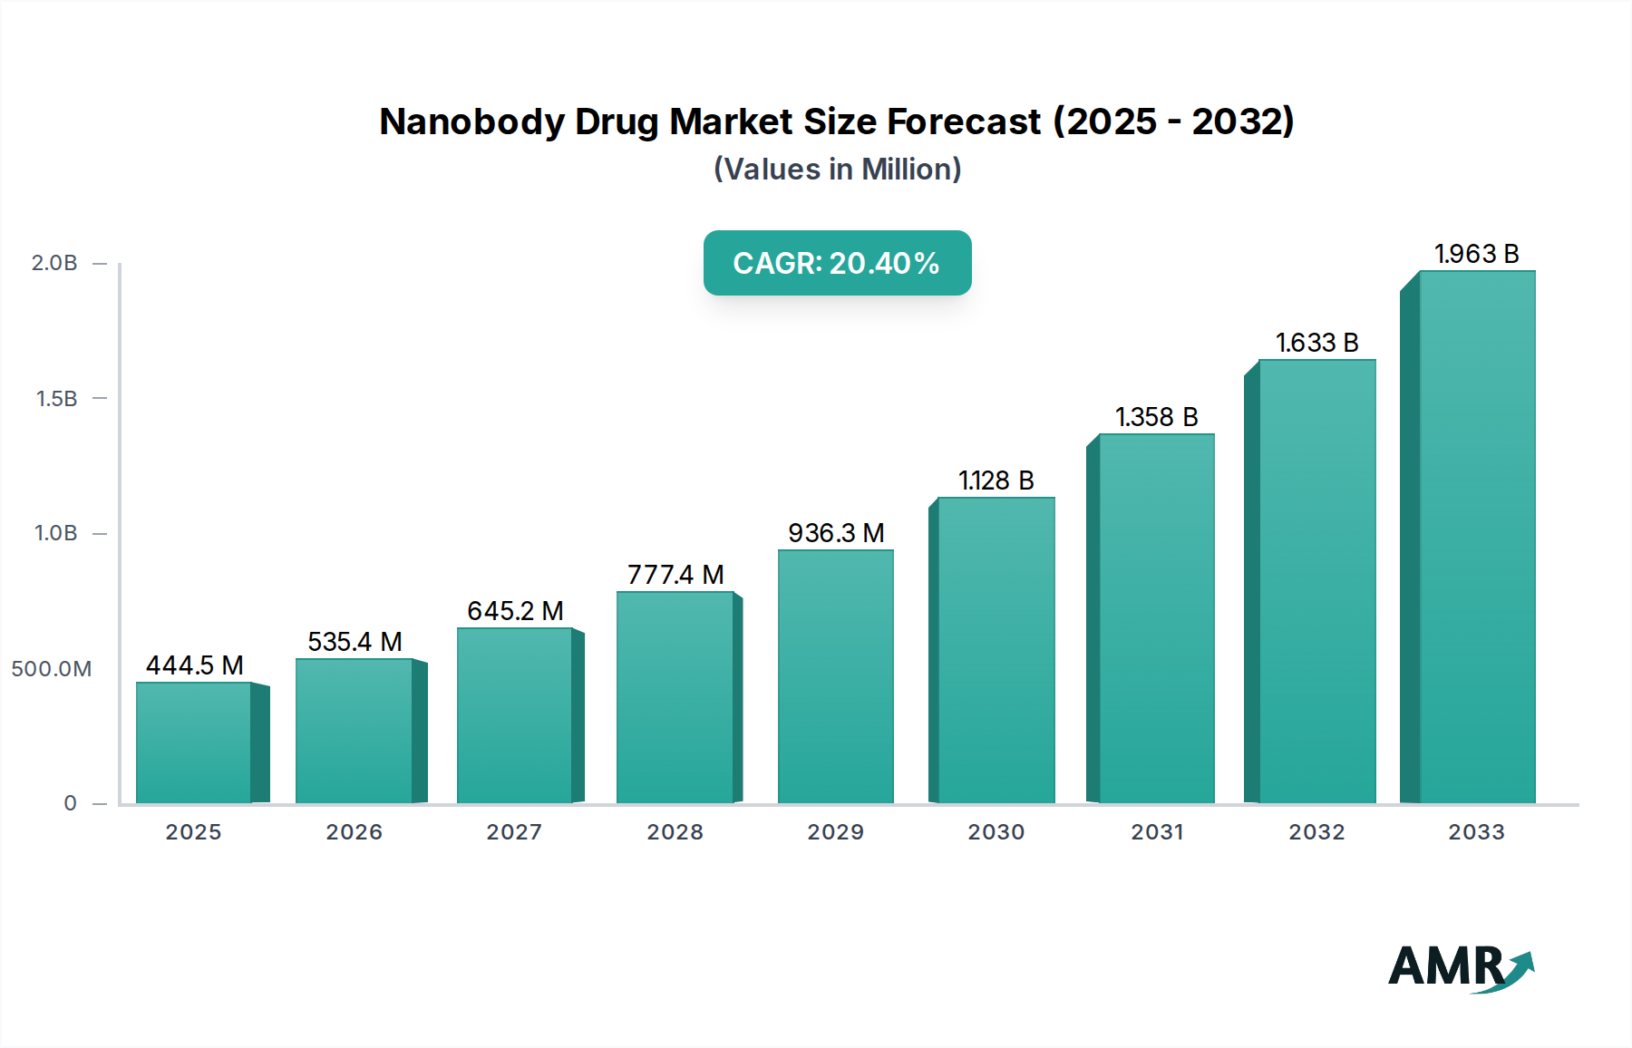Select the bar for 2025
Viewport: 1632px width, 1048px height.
pos(194,743)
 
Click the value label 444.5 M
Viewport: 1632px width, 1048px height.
pos(195,665)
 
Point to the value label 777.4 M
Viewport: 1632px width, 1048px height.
pos(675,575)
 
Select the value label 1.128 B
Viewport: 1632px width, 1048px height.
pos(996,480)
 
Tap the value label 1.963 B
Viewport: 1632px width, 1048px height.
pos(1476,254)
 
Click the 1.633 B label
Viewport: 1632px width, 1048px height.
pos(1316,343)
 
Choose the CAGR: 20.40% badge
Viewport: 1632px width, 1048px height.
pos(837,263)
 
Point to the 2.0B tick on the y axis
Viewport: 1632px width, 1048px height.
pos(54,263)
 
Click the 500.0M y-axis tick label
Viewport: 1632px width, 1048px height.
pos(52,669)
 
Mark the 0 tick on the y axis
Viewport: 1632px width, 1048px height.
pos(70,803)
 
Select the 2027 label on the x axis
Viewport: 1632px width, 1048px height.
pos(514,832)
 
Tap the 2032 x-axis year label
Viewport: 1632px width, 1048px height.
pos(1316,832)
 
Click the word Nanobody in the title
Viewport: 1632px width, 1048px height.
pos(471,121)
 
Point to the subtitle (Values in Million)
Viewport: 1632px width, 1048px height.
pos(837,170)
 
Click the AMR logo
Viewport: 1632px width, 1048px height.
pos(1460,968)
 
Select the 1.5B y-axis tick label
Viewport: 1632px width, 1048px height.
pos(56,399)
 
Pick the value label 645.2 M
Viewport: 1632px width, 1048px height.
pos(515,611)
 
